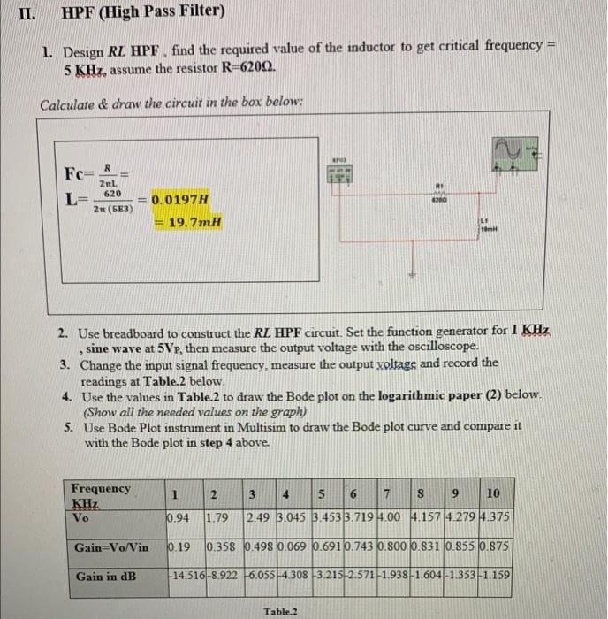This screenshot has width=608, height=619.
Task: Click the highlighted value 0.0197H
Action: (x=181, y=200)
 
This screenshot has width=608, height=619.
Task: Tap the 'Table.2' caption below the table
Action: (x=280, y=610)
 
